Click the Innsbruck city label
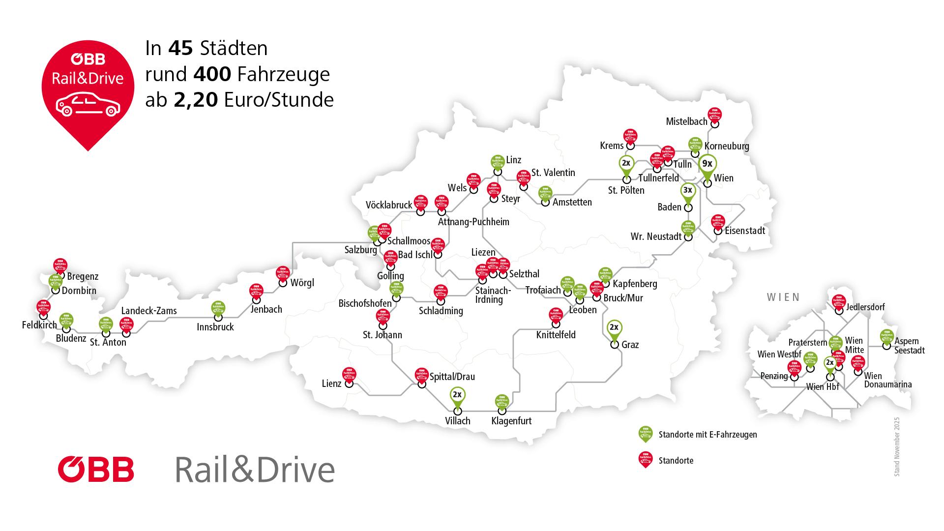coord(215,327)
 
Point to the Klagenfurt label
coord(511,421)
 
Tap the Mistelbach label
coord(686,121)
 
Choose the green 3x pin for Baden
coord(688,192)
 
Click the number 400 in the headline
coord(212,74)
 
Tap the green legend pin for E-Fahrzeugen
coord(645,433)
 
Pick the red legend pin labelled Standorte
coord(645,459)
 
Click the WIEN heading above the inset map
coord(784,297)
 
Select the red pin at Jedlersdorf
coord(838,302)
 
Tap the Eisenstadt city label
coord(745,231)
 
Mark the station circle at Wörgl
coord(283,283)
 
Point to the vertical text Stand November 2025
coord(896,446)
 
